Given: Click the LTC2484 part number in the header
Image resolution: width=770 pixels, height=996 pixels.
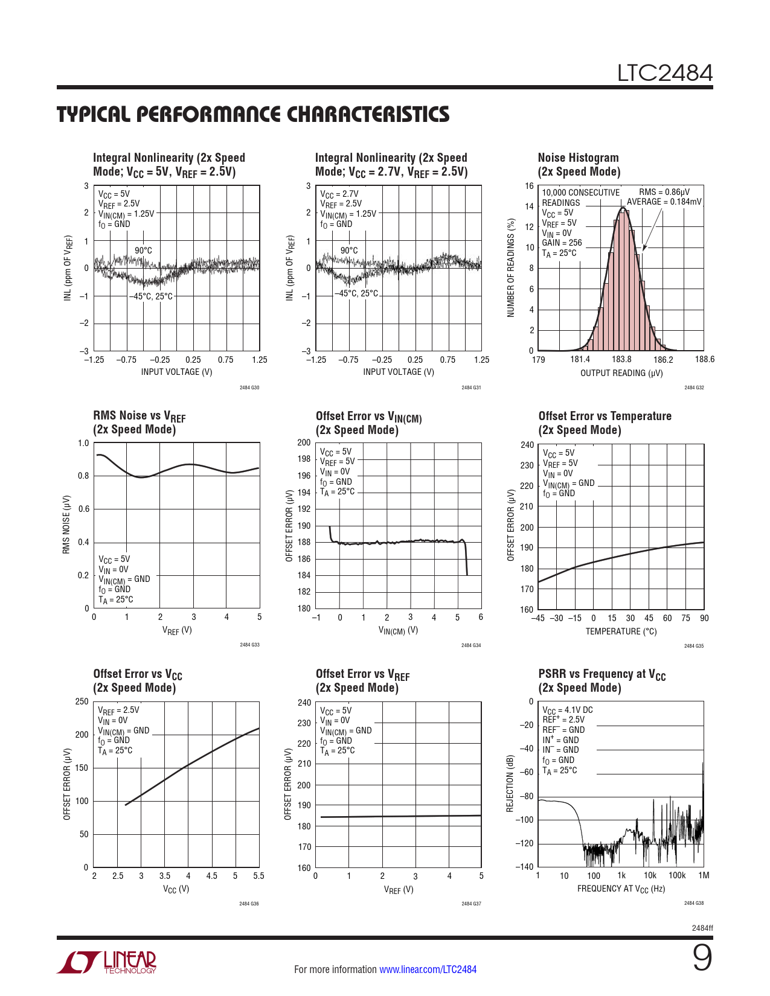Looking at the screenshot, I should pyautogui.click(x=664, y=73).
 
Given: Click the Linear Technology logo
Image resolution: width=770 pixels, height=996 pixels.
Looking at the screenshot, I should pyautogui.click(x=107, y=962).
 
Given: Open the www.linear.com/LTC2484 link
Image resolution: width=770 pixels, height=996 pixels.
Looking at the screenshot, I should pyautogui.click(x=428, y=969).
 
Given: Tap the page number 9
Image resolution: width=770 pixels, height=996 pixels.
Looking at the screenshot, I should pyautogui.click(x=702, y=958).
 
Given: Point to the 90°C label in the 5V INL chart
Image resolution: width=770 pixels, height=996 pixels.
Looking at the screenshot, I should pyautogui.click(x=143, y=251).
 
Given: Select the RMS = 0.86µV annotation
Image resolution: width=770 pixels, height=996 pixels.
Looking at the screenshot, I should pyautogui.click(x=664, y=192).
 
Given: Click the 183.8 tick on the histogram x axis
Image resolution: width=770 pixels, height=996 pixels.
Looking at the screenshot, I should pyautogui.click(x=621, y=360).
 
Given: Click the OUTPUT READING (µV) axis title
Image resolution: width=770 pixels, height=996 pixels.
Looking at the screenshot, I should pyautogui.click(x=621, y=373).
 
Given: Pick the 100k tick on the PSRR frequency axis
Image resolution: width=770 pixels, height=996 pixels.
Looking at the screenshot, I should pyautogui.click(x=676, y=875).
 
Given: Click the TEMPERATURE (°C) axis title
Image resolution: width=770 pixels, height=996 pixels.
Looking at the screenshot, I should pyautogui.click(x=621, y=631).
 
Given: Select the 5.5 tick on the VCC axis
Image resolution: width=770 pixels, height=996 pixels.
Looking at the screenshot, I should pyautogui.click(x=258, y=876).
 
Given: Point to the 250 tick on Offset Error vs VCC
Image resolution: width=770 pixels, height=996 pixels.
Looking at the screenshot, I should pyautogui.click(x=82, y=701).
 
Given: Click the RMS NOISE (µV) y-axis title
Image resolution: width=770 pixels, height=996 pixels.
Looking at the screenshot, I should pyautogui.click(x=66, y=525).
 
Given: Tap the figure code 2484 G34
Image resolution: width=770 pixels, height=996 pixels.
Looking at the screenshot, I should pyautogui.click(x=471, y=645).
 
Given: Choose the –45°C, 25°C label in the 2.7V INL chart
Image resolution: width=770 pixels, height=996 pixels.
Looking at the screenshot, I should pyautogui.click(x=356, y=293).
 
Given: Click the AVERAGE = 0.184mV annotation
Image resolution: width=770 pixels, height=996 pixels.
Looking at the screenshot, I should pyautogui.click(x=664, y=202).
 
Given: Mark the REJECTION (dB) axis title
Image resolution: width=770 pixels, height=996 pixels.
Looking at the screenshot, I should pyautogui.click(x=510, y=784).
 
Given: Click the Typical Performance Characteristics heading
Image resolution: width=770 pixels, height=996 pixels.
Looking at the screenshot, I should pyautogui.click(x=253, y=115).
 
